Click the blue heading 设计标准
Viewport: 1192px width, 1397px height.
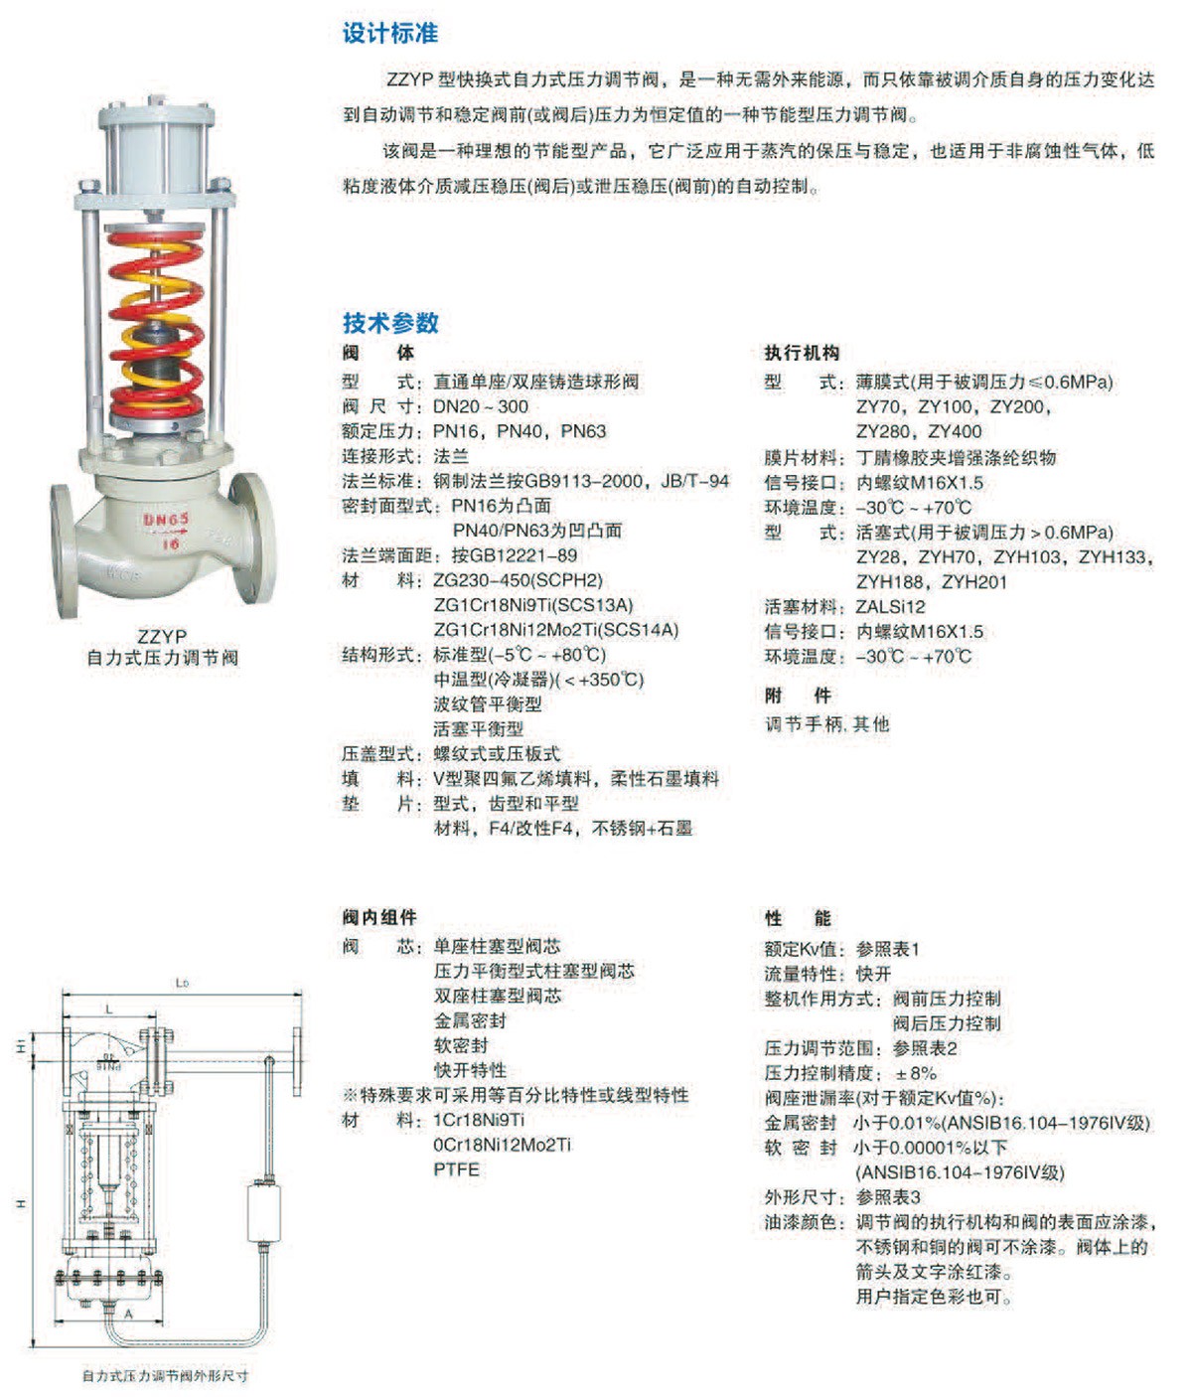[x=390, y=33]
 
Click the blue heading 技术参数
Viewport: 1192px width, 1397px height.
[x=390, y=323]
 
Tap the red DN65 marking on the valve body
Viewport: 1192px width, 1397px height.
[x=166, y=519]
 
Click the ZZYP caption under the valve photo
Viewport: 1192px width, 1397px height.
[x=162, y=636]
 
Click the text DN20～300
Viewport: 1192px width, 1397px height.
[x=481, y=406]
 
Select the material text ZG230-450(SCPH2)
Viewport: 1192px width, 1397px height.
[x=518, y=580]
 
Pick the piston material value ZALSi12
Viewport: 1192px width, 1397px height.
[x=890, y=606]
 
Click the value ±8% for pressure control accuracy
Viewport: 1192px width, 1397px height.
[x=916, y=1073]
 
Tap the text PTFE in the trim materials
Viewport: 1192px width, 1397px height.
[x=456, y=1169]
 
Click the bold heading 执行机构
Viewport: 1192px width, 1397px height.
[x=802, y=352]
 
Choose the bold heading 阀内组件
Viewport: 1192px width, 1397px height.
[x=379, y=917]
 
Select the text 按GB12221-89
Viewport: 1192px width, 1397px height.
[x=515, y=555]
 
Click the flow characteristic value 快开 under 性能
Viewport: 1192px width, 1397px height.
[x=874, y=974]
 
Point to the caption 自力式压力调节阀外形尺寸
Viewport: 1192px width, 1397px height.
[x=166, y=1375]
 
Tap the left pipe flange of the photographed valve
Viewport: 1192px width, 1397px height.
[x=65, y=550]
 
